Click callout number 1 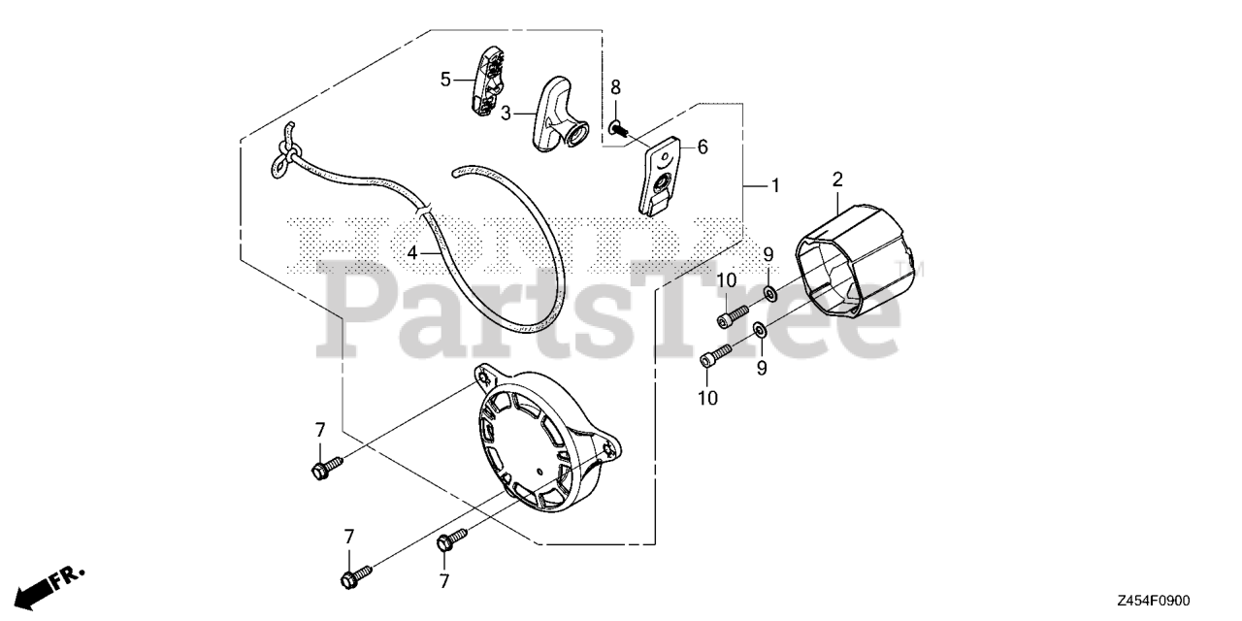tap(774, 184)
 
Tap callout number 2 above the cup tap(837, 179)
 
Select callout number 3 tap(506, 114)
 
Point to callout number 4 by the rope tap(411, 252)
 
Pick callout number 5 tap(445, 79)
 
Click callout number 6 tap(702, 147)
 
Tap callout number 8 tap(615, 88)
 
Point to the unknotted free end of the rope tap(456, 173)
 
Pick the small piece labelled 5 tap(488, 82)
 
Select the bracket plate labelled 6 tap(663, 174)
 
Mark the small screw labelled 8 tap(620, 126)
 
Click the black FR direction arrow tap(39, 588)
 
